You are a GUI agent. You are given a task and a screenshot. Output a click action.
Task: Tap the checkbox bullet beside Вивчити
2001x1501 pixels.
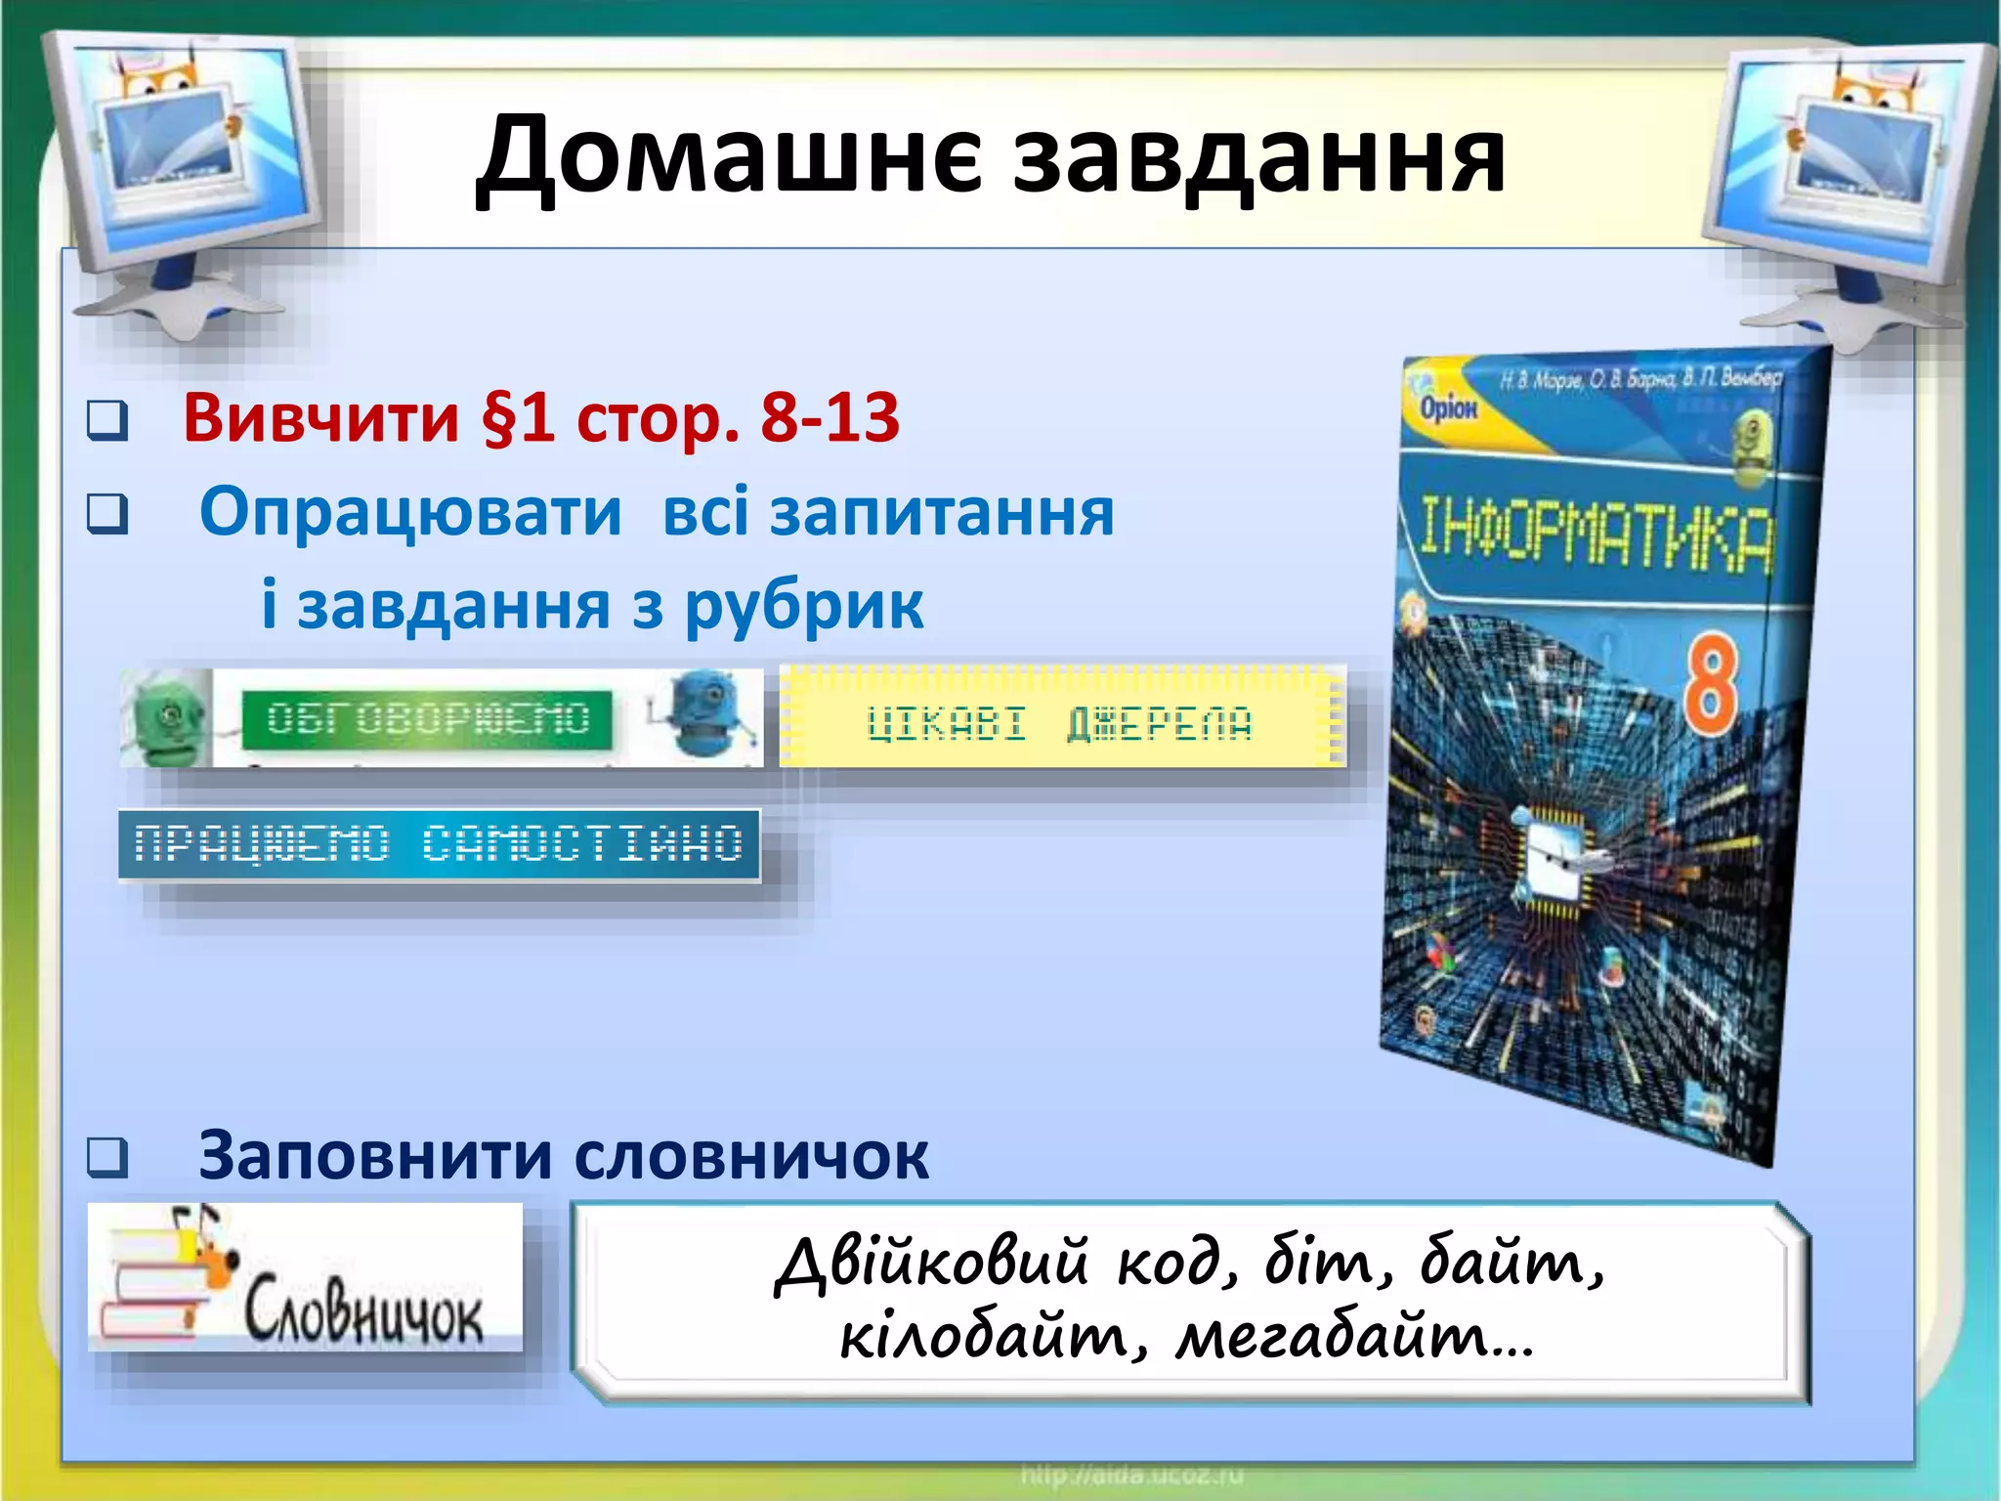point(107,420)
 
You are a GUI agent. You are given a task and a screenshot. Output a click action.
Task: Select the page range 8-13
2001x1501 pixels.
point(830,417)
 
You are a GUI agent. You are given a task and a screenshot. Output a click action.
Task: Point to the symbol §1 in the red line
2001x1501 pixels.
point(518,418)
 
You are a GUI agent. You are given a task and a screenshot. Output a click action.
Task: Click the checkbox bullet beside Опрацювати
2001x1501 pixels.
point(107,513)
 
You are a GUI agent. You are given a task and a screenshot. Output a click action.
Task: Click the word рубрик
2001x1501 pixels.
point(803,607)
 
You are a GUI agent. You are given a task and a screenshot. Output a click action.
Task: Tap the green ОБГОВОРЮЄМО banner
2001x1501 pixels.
point(428,719)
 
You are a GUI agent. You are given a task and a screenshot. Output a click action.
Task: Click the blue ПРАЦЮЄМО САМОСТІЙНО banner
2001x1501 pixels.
point(439,844)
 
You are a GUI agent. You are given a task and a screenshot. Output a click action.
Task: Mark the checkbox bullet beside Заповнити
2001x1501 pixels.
point(107,1157)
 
